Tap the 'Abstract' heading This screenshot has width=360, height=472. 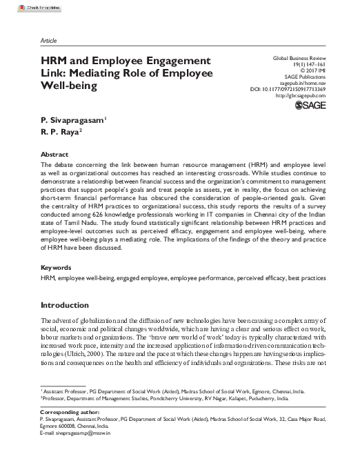55,155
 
